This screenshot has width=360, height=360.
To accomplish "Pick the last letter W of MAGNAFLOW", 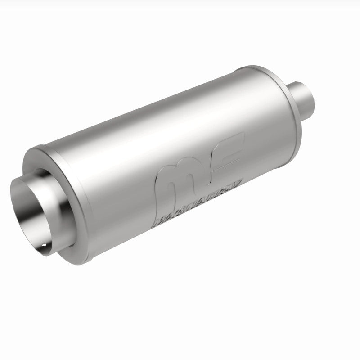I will tap(236, 180).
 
